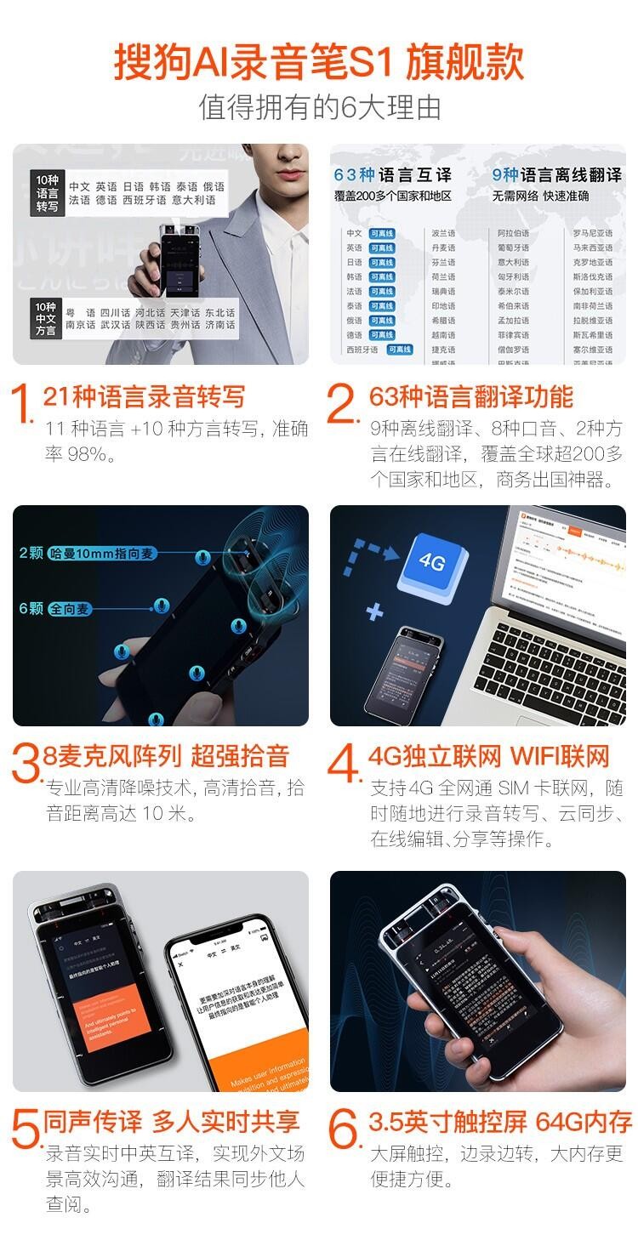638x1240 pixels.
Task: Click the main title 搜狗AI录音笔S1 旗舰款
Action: coord(319,63)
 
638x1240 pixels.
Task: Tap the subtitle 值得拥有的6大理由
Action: coord(319,107)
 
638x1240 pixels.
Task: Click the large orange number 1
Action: coord(24,406)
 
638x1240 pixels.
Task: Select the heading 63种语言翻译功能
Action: coord(471,396)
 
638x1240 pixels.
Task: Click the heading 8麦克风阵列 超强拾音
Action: coord(167,756)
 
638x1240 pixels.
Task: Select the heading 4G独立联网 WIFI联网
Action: coord(489,756)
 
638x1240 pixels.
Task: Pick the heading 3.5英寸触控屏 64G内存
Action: coord(500,1122)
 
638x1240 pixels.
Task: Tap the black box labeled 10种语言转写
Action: coord(47,193)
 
